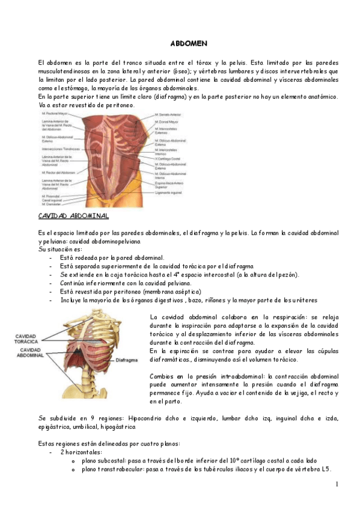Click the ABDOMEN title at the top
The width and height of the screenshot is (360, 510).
tap(189, 44)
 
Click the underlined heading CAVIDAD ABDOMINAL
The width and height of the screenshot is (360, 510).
tap(73, 215)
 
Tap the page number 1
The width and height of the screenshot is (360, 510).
tap(337, 484)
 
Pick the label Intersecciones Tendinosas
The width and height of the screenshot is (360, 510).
tap(60, 149)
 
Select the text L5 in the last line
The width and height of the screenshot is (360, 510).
tap(326, 469)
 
